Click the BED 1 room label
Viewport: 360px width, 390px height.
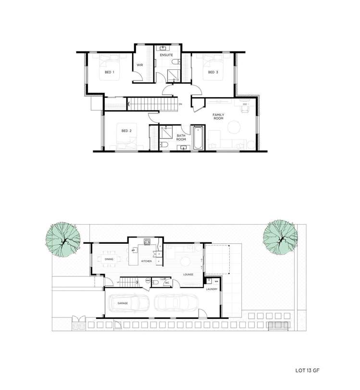(x=109, y=73)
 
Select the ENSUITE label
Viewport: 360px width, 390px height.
(x=167, y=55)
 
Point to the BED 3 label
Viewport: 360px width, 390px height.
(x=213, y=73)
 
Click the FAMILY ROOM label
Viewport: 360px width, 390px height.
(x=220, y=117)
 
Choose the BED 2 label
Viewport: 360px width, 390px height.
(x=126, y=130)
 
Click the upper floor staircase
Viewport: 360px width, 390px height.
(x=150, y=103)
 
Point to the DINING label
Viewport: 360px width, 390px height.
(x=109, y=260)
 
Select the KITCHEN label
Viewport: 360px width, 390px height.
(x=146, y=261)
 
